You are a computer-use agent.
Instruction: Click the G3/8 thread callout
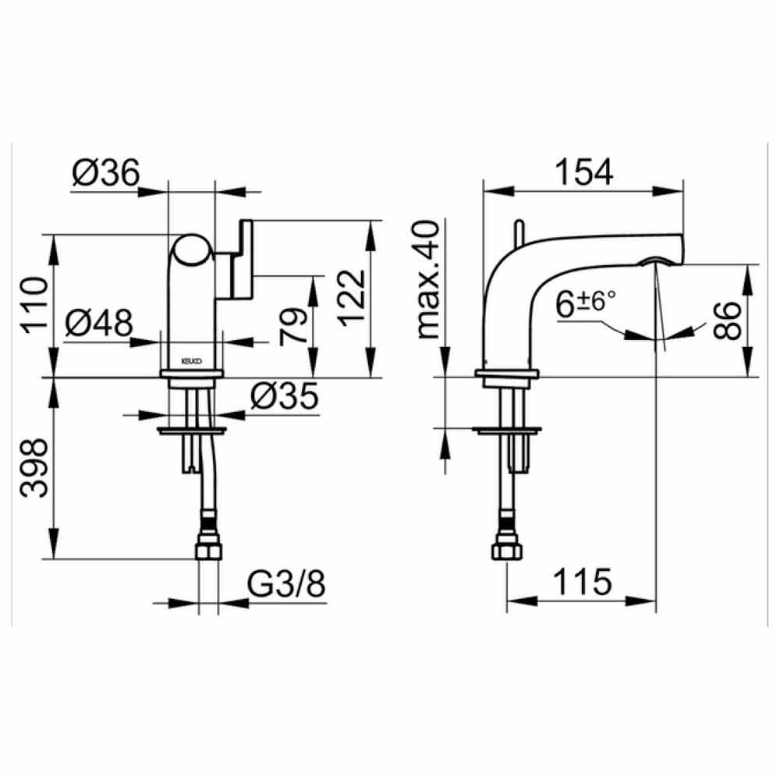click(x=285, y=585)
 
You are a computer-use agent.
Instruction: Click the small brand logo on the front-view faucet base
click(x=192, y=362)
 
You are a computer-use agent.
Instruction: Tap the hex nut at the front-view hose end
click(x=207, y=551)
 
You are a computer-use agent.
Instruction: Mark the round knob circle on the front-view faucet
click(x=192, y=253)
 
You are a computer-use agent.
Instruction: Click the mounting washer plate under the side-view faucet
click(x=509, y=429)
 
